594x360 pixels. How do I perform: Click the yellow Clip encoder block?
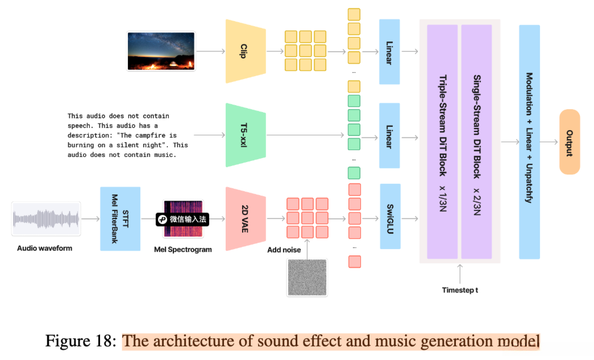(x=246, y=51)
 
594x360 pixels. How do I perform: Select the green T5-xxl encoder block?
(x=246, y=135)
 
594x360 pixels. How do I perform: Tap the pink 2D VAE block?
(x=246, y=218)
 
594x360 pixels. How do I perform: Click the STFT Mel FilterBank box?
(x=120, y=218)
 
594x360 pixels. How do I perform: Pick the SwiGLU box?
(x=390, y=216)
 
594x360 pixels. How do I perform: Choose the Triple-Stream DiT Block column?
(x=442, y=142)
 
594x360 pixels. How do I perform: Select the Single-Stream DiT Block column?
(x=476, y=142)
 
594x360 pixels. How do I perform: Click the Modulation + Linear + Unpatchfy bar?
(x=530, y=142)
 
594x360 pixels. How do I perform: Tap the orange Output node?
(x=570, y=142)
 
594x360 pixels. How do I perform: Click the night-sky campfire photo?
(x=161, y=51)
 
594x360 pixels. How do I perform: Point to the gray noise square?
(x=307, y=278)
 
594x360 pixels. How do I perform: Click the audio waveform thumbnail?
(x=46, y=218)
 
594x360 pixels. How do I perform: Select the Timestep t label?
(x=460, y=290)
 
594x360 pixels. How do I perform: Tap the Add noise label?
(x=284, y=250)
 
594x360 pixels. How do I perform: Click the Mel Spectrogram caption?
(x=183, y=249)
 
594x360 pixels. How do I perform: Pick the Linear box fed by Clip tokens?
(x=389, y=52)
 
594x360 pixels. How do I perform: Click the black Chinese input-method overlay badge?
(x=182, y=220)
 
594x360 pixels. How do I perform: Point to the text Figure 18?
(x=81, y=341)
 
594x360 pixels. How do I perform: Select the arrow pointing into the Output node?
(x=549, y=142)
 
